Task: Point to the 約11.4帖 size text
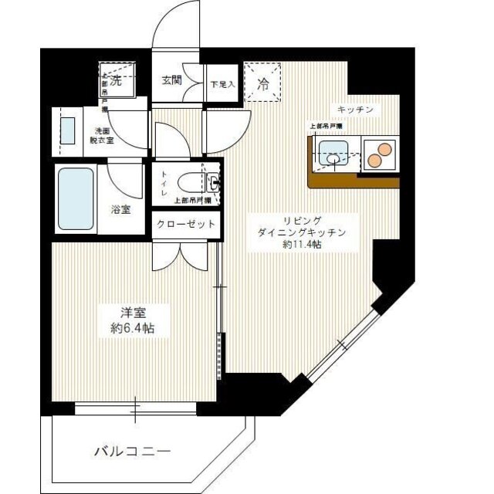302,244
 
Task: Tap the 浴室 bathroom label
120,208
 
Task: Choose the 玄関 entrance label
171,80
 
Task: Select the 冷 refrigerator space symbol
263,84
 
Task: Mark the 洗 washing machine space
116,79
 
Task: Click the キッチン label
354,110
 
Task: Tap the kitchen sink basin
333,153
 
